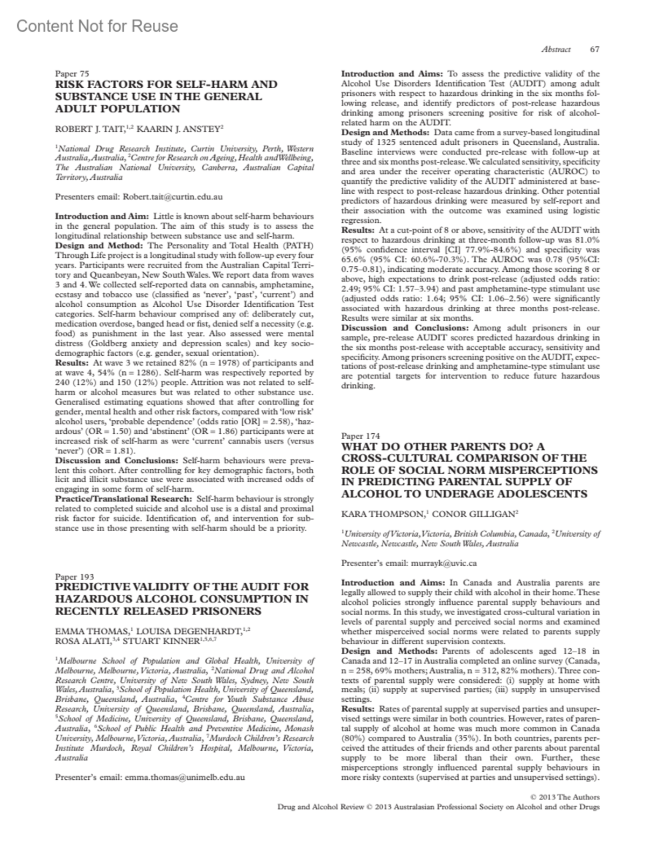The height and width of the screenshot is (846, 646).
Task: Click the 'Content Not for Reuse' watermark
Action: click(x=97, y=26)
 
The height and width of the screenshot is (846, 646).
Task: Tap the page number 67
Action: click(x=594, y=50)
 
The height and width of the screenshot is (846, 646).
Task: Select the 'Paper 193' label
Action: click(x=75, y=577)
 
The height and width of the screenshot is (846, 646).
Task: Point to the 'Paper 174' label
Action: click(x=361, y=436)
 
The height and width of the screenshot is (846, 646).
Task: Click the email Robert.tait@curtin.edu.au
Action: click(x=173, y=197)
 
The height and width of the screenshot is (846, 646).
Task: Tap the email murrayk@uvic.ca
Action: click(x=444, y=563)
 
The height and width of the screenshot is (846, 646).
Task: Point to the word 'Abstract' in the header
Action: click(x=556, y=50)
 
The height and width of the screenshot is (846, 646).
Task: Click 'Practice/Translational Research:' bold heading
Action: click(x=124, y=499)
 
